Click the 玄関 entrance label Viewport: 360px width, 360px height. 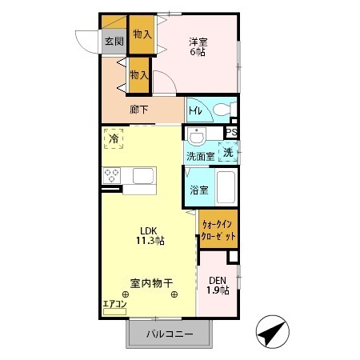click(113, 41)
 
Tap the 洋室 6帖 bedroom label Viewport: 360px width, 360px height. click(198, 46)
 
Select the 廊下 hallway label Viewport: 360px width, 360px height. click(139, 110)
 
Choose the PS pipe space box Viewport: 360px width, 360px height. click(232, 134)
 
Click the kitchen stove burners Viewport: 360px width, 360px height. click(110, 177)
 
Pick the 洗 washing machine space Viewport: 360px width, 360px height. click(228, 152)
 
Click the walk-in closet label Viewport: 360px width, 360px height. click(218, 231)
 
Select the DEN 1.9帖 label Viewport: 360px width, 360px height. click(217, 285)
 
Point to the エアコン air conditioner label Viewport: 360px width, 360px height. click(114, 304)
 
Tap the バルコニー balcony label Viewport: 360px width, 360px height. click(169, 334)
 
